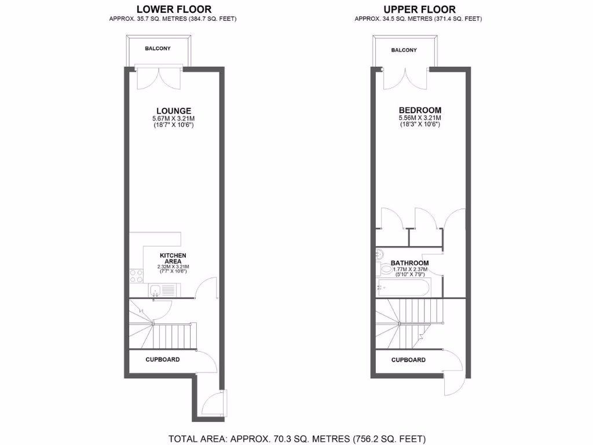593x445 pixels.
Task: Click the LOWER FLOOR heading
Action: point(173,9)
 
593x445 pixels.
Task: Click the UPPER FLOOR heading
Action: point(419,9)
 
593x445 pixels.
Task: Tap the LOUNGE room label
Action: point(173,111)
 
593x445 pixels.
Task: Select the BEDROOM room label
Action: point(419,110)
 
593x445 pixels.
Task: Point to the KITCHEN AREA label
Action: point(173,258)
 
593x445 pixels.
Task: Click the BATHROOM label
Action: point(409,262)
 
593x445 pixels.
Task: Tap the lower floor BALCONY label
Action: point(158,49)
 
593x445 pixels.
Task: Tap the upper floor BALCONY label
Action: point(404,50)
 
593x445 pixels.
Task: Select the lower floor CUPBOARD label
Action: point(162,359)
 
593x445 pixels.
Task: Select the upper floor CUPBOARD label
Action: point(408,360)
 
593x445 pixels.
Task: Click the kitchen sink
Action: point(155,290)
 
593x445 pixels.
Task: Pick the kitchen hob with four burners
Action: point(137,276)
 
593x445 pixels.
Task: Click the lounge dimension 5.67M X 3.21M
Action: point(173,119)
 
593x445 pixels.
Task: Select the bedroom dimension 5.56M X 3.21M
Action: point(419,118)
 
